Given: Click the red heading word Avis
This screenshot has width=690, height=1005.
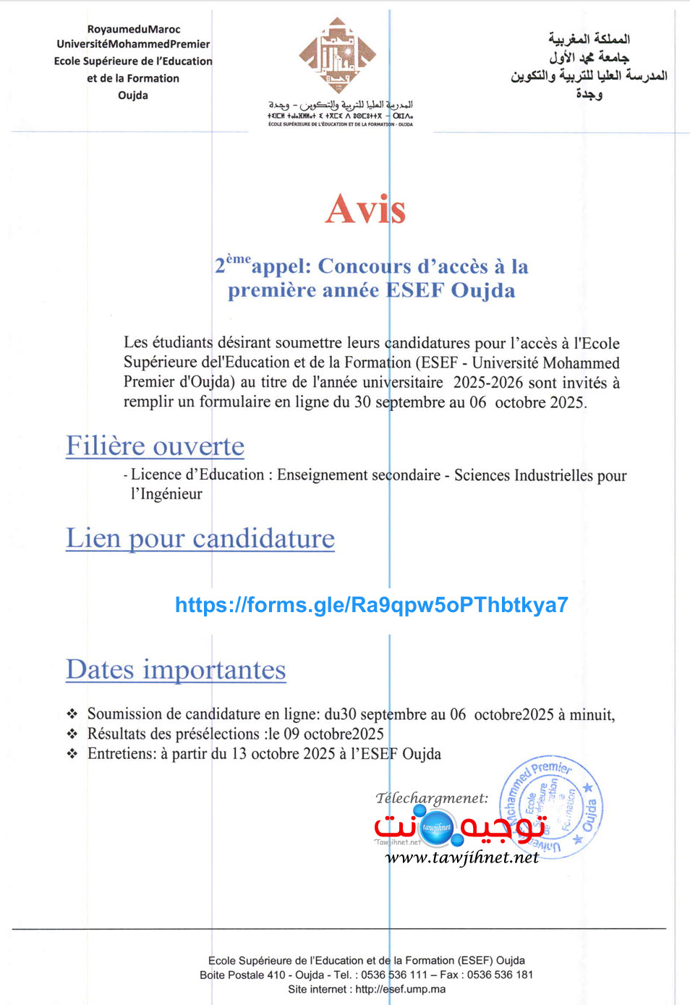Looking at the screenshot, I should tap(365, 210).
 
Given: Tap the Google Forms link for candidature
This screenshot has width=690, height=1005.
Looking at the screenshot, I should tap(371, 605).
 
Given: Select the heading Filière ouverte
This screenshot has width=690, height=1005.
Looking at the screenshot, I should tap(155, 446).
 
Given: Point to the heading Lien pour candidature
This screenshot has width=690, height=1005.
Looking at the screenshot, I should tap(200, 539).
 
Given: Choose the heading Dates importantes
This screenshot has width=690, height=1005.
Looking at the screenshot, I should tap(176, 670).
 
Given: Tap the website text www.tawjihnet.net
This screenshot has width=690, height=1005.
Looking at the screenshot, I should tap(461, 858).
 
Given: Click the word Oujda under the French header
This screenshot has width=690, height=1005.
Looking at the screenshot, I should tap(133, 96).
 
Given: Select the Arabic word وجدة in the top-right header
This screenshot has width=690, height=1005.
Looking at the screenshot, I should tap(589, 94).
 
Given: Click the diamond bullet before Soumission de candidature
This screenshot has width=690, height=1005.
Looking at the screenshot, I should tap(72, 714).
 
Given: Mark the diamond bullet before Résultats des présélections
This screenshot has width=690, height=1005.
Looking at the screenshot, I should tap(72, 734).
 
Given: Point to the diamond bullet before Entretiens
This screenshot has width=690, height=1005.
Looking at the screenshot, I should tap(72, 753).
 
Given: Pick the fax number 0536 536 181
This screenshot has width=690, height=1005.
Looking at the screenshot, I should tap(500, 975).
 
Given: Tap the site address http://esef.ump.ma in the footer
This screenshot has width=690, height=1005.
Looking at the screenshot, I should tap(400, 989).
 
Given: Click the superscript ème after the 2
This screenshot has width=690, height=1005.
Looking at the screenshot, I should tap(239, 259).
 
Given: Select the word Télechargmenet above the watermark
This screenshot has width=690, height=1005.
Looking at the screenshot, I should tap(432, 798).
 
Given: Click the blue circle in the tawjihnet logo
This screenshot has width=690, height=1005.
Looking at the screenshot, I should tap(436, 828).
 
